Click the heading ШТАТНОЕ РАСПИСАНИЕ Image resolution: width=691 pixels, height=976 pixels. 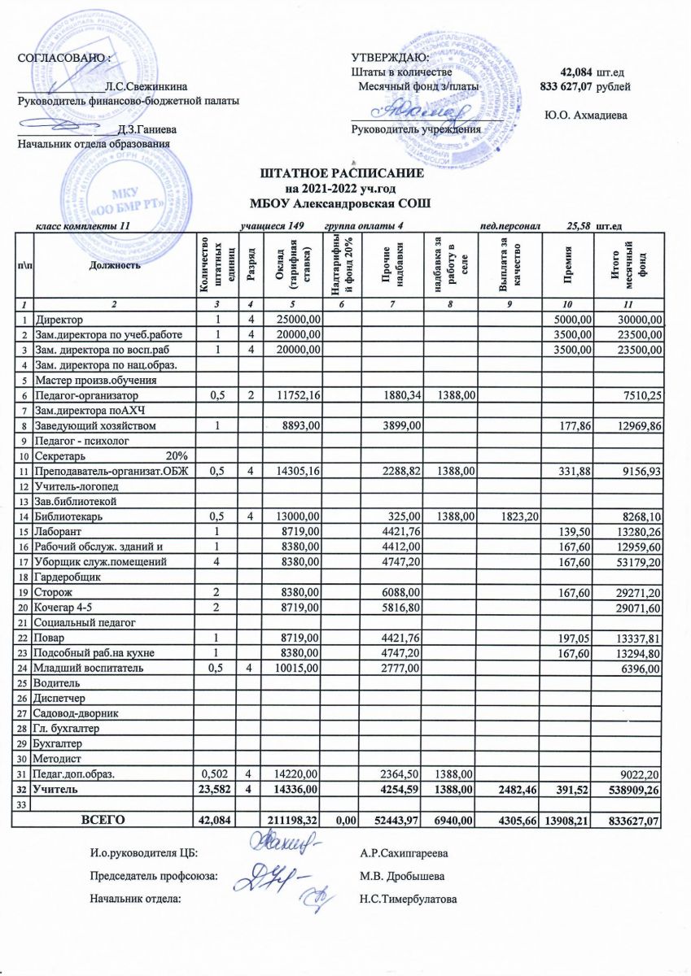point(342,175)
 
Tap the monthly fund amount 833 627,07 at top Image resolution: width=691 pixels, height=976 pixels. point(566,85)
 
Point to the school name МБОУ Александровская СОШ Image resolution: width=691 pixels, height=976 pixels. point(342,203)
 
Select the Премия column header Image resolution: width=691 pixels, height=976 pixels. point(575,265)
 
